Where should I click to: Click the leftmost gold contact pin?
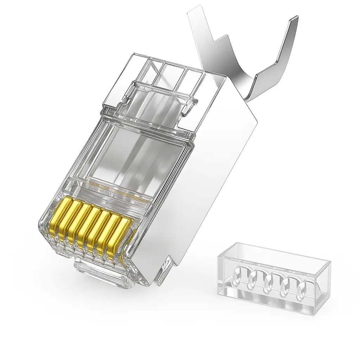tap(62, 218)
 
